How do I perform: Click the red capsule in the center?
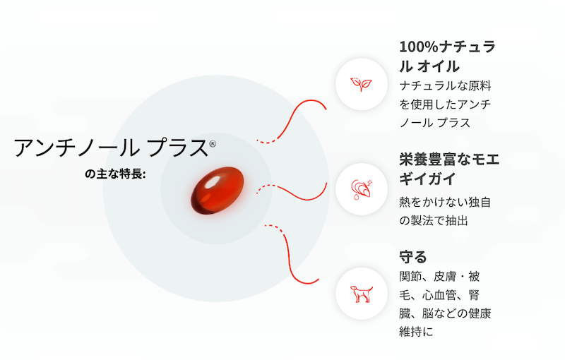point(218,190)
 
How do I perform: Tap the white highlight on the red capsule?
point(213,181)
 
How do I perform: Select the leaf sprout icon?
point(362,84)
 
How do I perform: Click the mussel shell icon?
point(362,189)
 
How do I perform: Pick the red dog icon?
point(362,294)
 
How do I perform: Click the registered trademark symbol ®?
point(213,144)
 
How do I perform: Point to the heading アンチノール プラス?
point(111,148)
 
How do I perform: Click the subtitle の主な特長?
point(115,174)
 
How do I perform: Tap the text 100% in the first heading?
point(419,47)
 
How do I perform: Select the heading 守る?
point(413,257)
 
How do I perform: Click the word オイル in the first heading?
point(439,66)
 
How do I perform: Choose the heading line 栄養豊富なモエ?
point(449,160)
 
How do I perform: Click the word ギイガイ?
point(428,179)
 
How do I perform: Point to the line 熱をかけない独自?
point(445,203)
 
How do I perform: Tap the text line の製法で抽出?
point(434,221)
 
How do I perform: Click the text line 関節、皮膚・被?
point(439,277)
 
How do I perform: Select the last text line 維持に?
point(416,331)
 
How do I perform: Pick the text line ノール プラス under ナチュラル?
point(435,123)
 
